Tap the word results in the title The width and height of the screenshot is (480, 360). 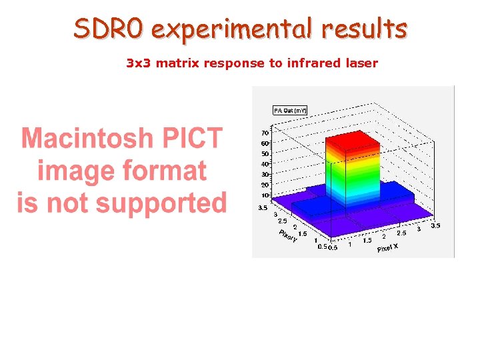(363, 29)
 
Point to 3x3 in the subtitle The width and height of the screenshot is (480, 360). (138, 63)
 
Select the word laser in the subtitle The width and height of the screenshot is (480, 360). (361, 63)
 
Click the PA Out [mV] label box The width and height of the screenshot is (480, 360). (289, 110)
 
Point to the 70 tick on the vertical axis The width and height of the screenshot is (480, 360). (265, 133)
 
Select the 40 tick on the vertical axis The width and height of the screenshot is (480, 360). (265, 164)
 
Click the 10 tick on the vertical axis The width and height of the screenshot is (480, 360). (265, 195)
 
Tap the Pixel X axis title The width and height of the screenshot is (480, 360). (388, 247)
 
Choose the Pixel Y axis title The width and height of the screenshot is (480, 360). (287, 236)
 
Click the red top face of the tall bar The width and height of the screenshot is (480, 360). (352, 141)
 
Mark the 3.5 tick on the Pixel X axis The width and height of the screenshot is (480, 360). (435, 226)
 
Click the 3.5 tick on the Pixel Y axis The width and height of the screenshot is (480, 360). (263, 208)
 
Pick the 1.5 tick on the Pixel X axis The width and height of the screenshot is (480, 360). (367, 241)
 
